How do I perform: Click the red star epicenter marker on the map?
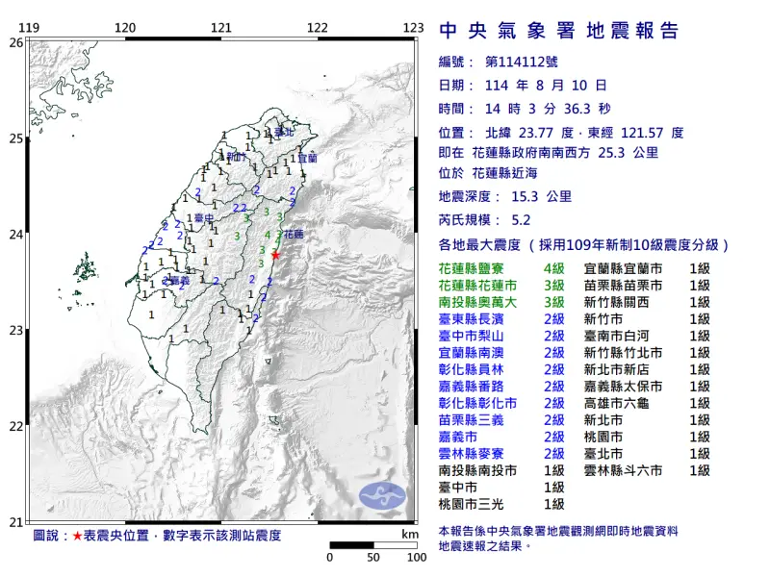[x=276, y=255]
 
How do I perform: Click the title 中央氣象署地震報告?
[x=558, y=32]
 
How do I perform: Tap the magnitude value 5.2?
[x=521, y=219]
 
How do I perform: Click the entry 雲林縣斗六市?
[x=623, y=470]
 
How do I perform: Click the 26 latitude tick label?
[x=15, y=42]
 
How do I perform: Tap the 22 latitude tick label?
[x=15, y=426]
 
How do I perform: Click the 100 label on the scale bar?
[x=416, y=557]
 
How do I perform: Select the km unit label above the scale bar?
[x=410, y=533]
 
